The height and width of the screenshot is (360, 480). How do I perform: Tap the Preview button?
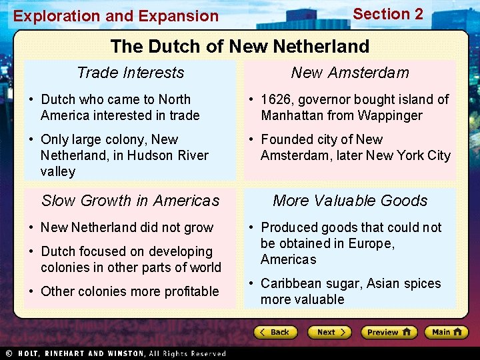pos(389,332)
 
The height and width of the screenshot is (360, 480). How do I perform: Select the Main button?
pos(445,332)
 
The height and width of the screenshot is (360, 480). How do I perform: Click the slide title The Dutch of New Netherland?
pos(239,46)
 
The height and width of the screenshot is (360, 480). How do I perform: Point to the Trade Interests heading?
pos(130,73)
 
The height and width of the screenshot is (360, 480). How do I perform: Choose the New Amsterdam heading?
pos(350,73)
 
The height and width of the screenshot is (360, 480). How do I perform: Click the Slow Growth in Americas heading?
pos(130,201)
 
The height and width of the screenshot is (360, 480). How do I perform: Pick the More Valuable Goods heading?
pos(350,201)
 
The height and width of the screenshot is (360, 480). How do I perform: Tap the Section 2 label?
pos(388,14)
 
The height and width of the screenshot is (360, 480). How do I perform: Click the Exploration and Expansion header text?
pos(116,16)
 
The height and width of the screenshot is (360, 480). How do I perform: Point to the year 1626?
pos(276,99)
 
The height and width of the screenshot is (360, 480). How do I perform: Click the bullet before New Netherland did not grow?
pos(31,228)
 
